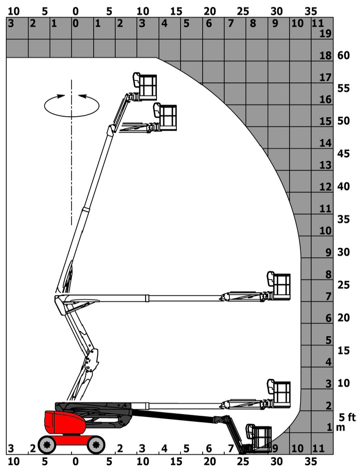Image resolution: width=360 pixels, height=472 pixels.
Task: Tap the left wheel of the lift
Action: click(47, 444)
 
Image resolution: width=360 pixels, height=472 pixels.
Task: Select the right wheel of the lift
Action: click(96, 444)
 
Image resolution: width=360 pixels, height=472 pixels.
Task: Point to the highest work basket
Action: click(145, 87)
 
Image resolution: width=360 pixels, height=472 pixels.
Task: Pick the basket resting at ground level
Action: click(259, 438)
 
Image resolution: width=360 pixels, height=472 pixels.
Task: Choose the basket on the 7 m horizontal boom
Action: click(279, 286)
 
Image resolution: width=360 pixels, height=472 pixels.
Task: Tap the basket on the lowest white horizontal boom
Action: click(279, 394)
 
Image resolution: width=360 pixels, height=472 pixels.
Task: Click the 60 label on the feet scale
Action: click(343, 55)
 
